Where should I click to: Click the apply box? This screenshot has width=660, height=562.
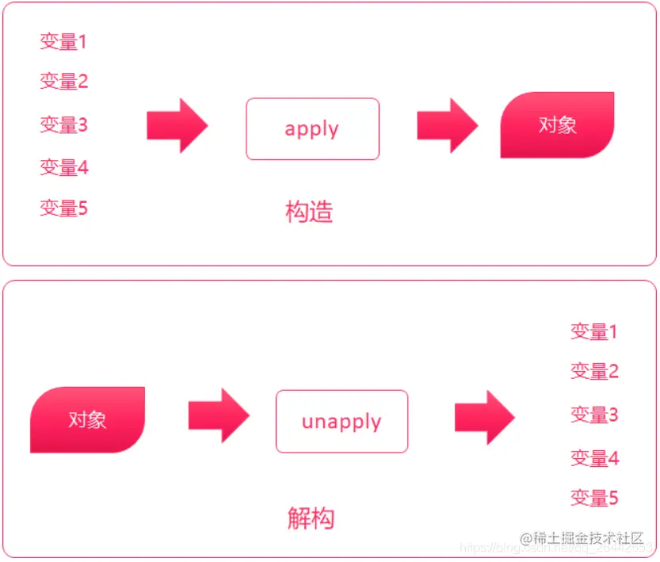[312, 129]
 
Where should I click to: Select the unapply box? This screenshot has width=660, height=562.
[341, 421]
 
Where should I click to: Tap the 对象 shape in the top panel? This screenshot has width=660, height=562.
[557, 125]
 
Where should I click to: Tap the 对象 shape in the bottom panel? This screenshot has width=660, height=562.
[87, 419]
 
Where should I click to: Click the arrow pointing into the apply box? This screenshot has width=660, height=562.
[177, 125]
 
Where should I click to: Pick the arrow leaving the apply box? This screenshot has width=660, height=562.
[447, 125]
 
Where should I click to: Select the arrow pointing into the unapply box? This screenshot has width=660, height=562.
[219, 415]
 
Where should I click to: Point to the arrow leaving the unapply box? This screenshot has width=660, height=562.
[484, 417]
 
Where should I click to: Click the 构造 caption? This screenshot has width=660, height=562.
[309, 212]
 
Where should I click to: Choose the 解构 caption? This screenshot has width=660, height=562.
[311, 518]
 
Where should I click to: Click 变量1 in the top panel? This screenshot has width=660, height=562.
[63, 41]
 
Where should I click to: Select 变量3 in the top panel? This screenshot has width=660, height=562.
[63, 124]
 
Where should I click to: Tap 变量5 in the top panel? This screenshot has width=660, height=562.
[63, 208]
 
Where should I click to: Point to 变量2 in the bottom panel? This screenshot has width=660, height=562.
[594, 371]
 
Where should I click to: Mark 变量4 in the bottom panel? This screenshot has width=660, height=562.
[594, 457]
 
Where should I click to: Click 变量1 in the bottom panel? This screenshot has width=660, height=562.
[594, 331]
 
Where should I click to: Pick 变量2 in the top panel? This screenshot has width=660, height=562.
[63, 81]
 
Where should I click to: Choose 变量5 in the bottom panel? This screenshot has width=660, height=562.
[594, 498]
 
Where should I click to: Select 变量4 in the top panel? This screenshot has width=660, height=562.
[63, 167]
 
